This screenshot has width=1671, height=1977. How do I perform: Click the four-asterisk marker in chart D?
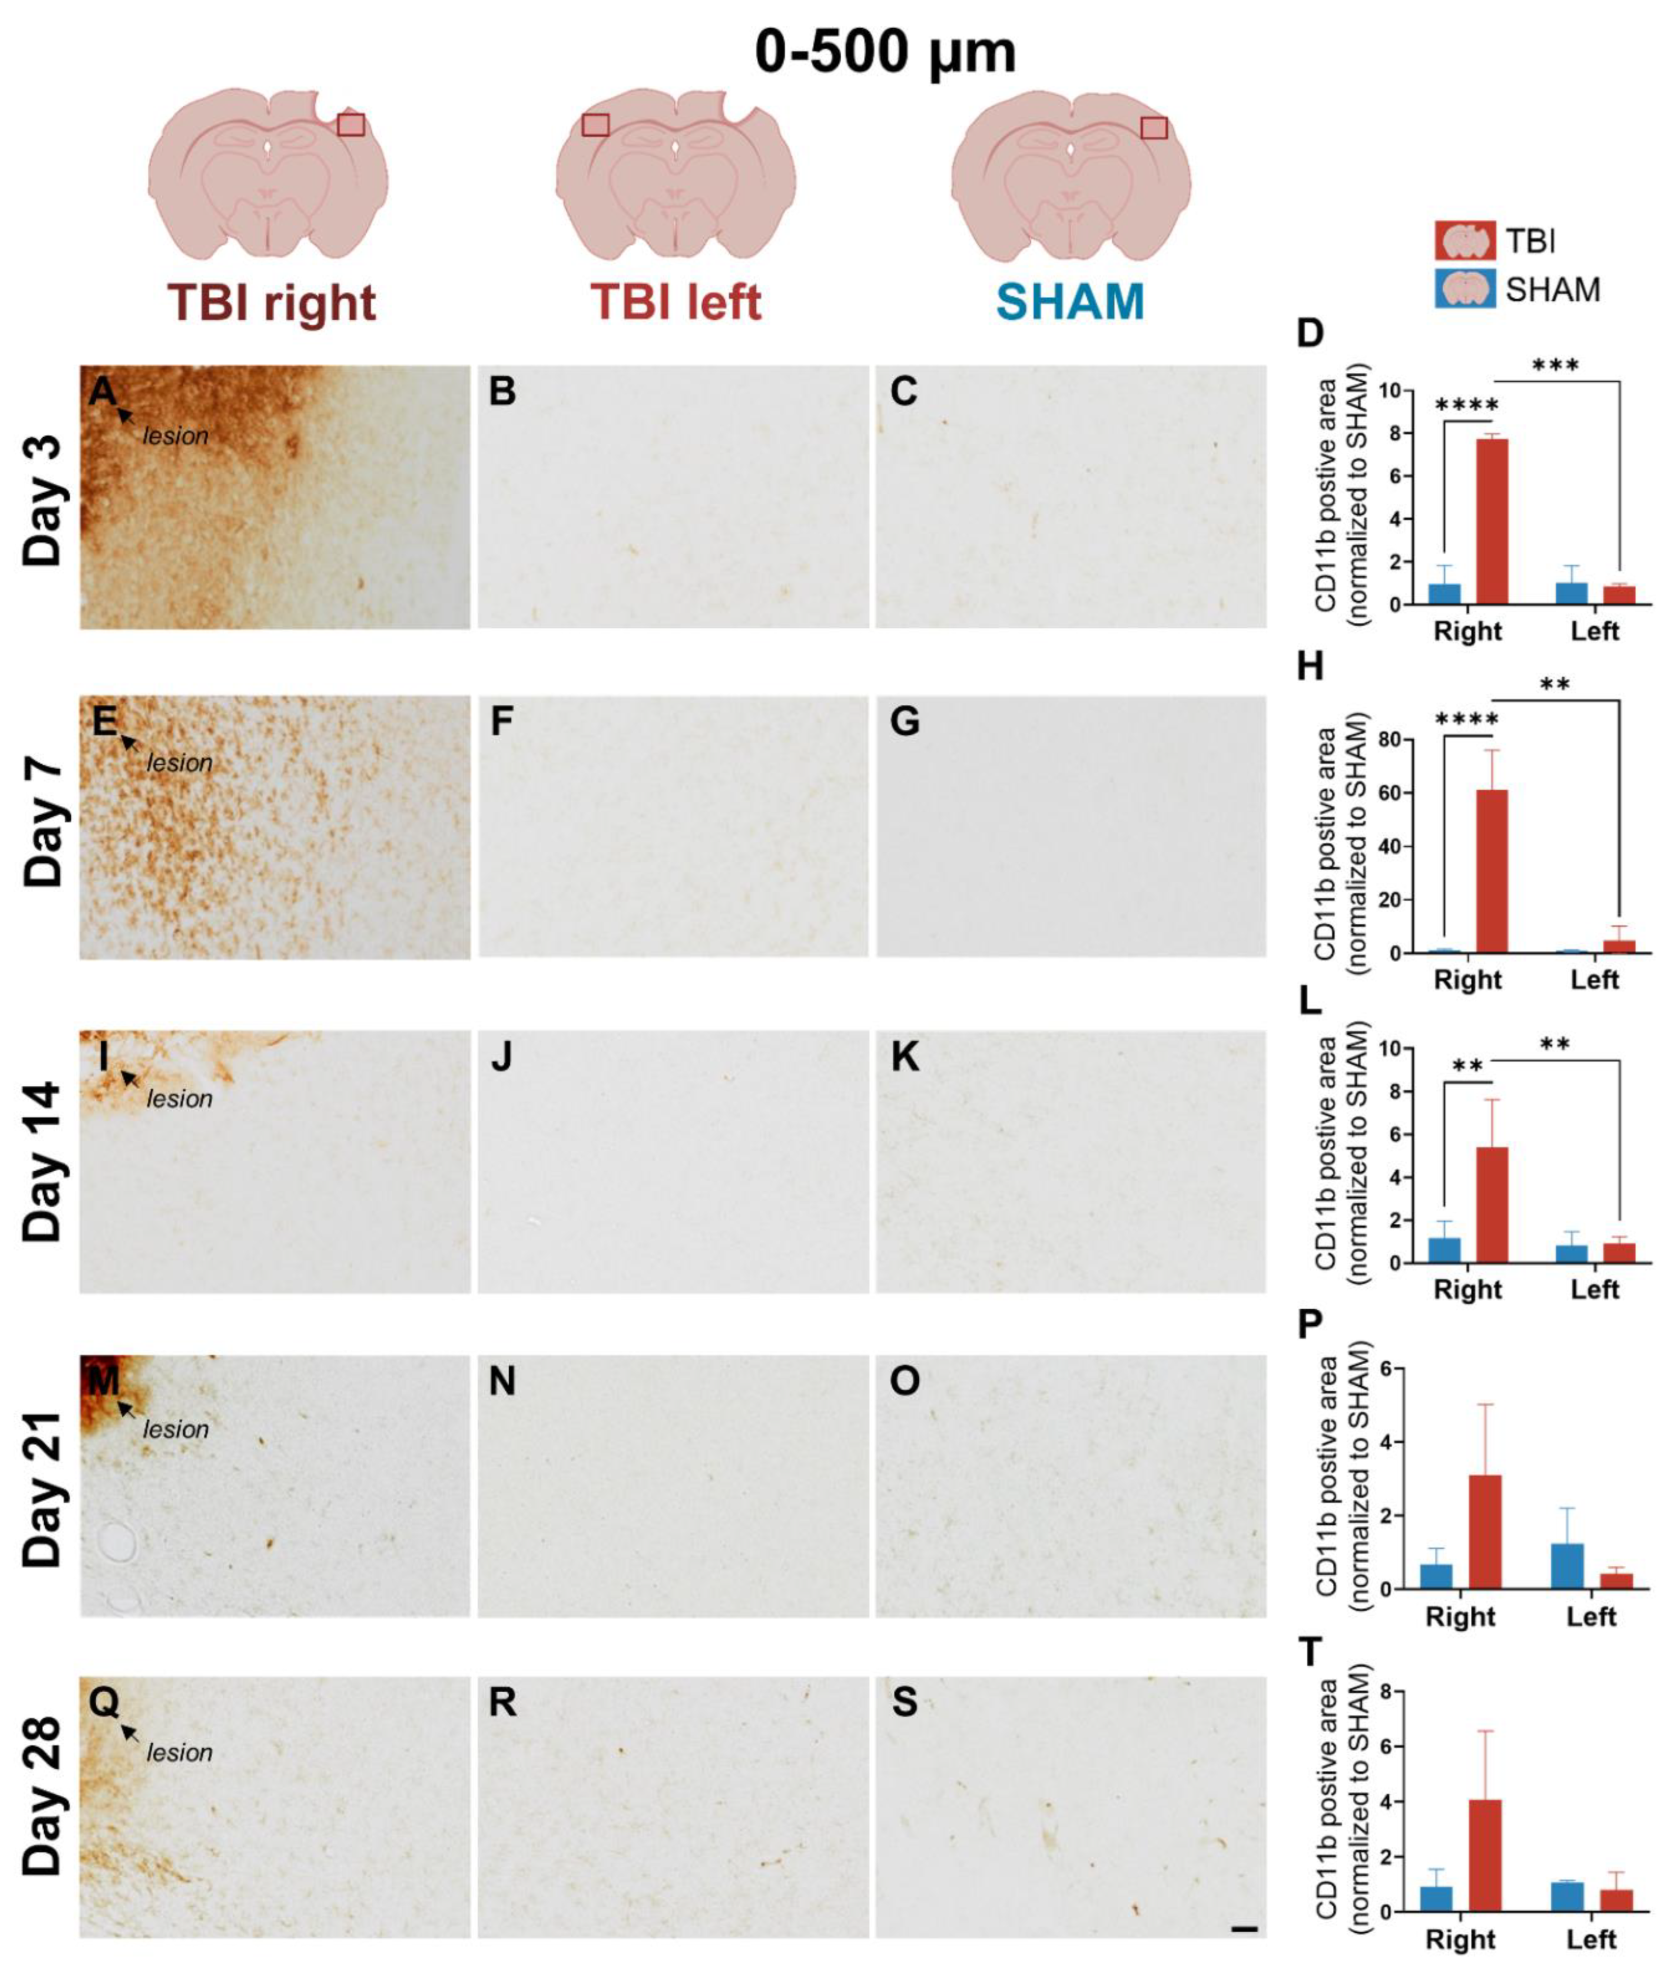tap(1467, 405)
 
